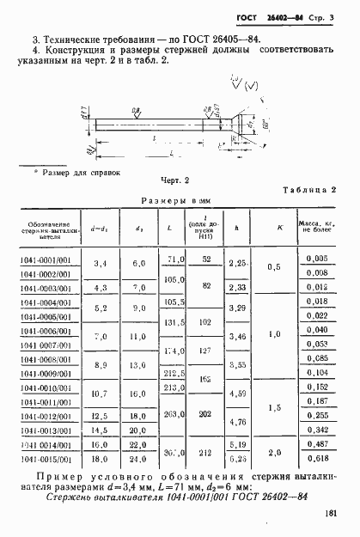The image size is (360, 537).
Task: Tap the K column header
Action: point(280,228)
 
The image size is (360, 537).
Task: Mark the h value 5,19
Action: point(241,444)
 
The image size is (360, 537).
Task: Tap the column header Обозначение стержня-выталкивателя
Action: point(46,228)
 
